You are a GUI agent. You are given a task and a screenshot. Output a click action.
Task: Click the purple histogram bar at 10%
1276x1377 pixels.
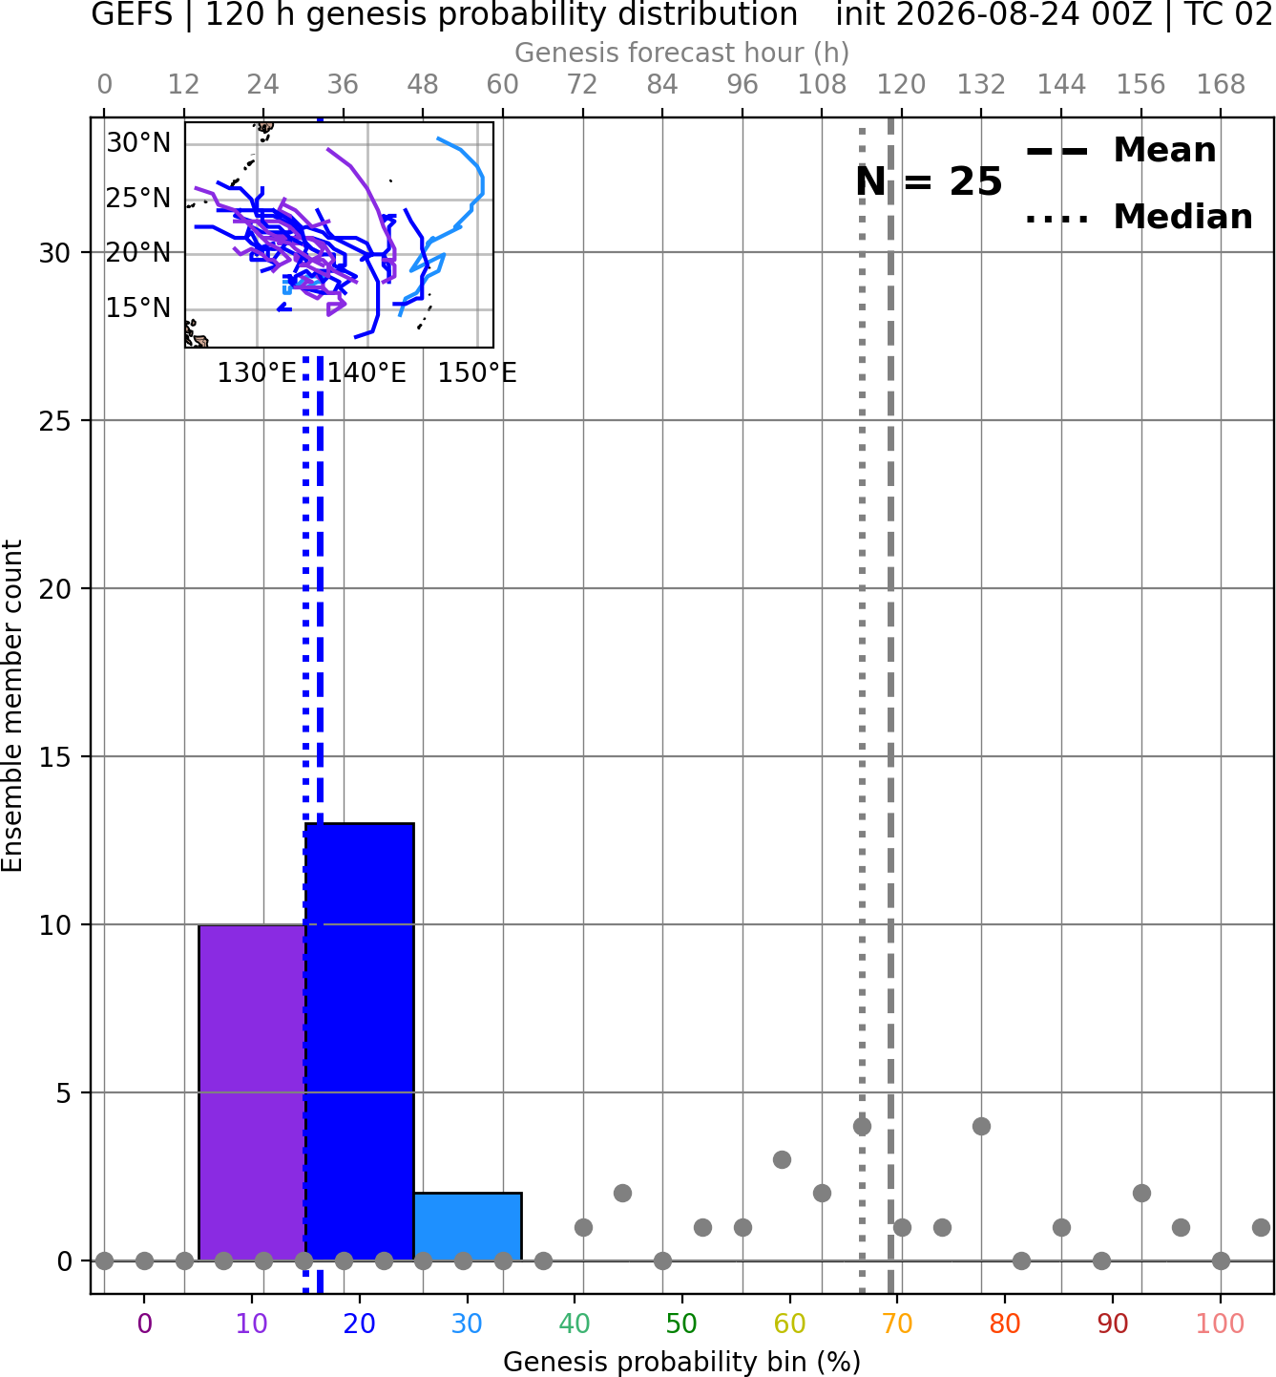click(252, 1092)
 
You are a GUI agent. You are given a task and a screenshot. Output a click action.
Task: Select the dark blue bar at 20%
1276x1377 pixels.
click(360, 1042)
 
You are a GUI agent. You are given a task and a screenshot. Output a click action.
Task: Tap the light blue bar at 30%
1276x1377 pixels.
click(467, 1226)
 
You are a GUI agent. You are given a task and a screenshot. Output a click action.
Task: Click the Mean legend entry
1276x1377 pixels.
click(1120, 151)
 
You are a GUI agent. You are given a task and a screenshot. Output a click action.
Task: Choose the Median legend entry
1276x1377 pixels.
click(1139, 217)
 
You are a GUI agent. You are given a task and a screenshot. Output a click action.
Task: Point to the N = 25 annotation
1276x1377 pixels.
click(929, 181)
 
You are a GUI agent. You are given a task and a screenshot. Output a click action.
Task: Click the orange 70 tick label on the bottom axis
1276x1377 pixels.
click(897, 1324)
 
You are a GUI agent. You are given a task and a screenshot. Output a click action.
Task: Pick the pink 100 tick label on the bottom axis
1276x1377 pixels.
click(1221, 1324)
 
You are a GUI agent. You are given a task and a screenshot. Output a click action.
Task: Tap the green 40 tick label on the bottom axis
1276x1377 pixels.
click(575, 1324)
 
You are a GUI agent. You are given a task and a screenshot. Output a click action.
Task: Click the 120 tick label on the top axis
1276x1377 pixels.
click(902, 85)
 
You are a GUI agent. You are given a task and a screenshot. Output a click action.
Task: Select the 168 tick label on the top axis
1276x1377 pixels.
click(1222, 85)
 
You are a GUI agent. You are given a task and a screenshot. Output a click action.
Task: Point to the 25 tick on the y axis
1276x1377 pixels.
click(55, 421)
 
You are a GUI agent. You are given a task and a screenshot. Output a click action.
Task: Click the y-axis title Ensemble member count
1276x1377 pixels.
click(11, 706)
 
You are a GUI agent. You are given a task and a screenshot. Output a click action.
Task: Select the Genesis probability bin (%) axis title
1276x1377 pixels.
click(682, 1362)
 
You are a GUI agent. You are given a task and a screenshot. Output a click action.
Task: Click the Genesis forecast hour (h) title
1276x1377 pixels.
click(682, 53)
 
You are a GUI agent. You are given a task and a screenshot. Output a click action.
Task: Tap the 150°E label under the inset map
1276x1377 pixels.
click(477, 373)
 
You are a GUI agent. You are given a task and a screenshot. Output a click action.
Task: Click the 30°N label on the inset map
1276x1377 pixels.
click(138, 143)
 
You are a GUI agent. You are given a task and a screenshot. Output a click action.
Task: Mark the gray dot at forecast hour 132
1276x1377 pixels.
click(981, 1126)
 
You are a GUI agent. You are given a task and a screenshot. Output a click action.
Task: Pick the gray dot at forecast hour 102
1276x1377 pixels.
click(782, 1159)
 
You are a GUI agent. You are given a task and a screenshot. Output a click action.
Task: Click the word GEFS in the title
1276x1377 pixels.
click(132, 14)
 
